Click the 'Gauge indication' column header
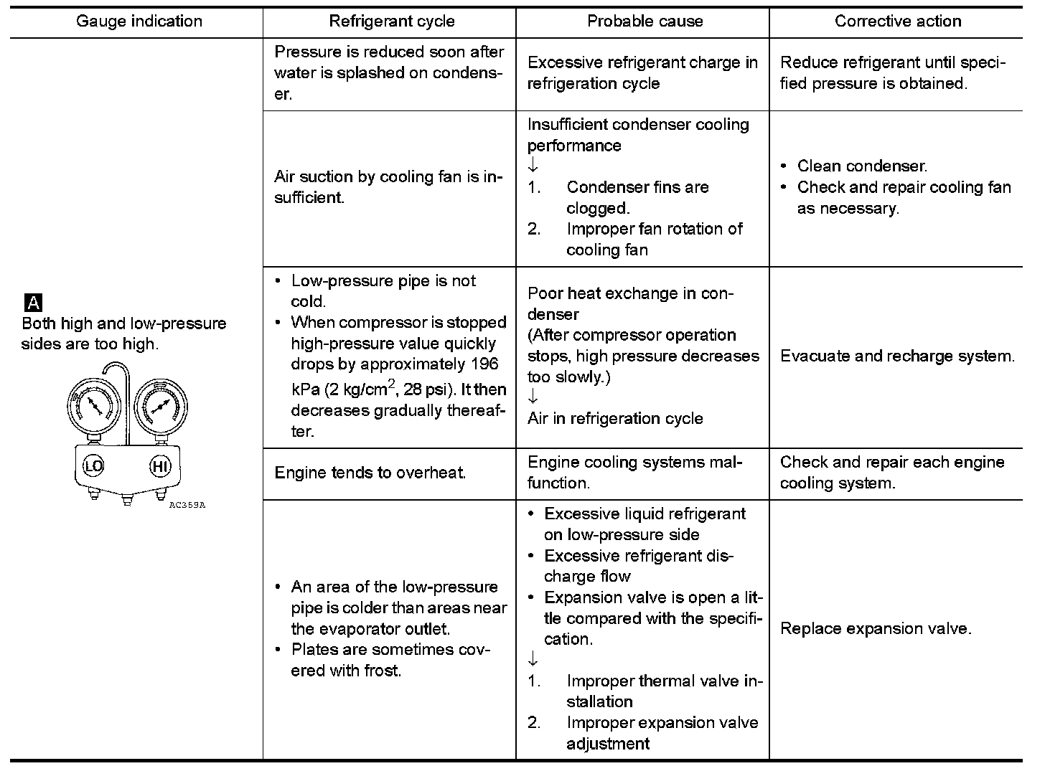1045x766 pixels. (139, 22)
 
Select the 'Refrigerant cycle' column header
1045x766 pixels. (391, 22)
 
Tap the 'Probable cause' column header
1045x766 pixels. (645, 22)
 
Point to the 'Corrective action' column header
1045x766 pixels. (897, 22)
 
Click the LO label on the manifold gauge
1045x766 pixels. (94, 466)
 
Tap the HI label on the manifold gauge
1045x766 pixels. (160, 467)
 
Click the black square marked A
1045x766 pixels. (33, 302)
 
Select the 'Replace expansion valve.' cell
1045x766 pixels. (876, 629)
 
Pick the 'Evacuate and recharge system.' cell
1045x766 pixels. (897, 356)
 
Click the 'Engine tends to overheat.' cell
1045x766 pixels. (370, 473)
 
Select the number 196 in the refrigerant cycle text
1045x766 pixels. (484, 364)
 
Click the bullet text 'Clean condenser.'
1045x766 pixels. (862, 166)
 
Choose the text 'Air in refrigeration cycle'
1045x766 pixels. (615, 419)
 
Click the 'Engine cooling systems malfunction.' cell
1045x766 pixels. (634, 473)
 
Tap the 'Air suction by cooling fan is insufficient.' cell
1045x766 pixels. (388, 187)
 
